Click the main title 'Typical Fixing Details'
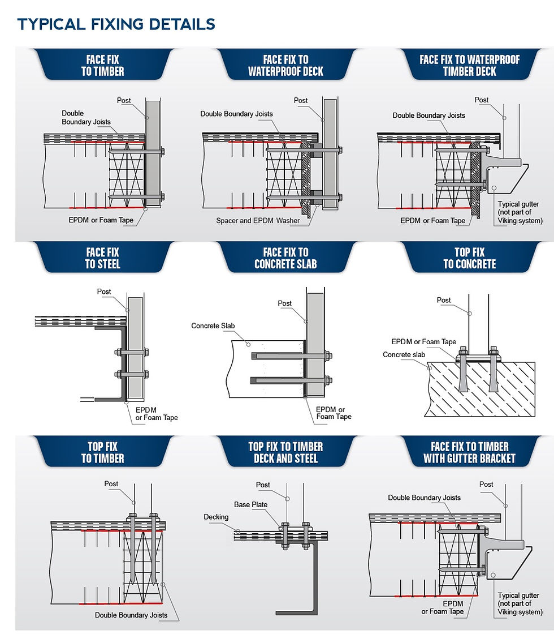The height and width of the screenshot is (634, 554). pos(116,24)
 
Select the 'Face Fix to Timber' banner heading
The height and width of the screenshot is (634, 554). pos(102,66)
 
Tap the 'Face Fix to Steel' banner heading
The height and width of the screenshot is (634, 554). pos(102,258)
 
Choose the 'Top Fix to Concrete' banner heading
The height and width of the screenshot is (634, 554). pos(469,258)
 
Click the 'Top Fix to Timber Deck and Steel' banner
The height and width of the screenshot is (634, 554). pos(285,452)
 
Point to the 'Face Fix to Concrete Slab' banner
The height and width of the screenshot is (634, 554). pos(285,258)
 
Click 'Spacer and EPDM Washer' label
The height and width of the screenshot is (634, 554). pos(258,221)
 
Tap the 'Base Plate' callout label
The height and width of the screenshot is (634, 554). pos(251,504)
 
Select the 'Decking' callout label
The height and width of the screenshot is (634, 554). pos(216,517)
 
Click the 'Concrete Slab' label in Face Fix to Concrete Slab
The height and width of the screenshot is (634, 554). pos(213,326)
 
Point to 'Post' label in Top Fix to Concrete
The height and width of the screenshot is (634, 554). pos(443,301)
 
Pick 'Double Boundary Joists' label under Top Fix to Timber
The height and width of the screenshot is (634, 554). pos(131,615)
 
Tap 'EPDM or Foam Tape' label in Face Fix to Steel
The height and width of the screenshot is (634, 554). pos(157,414)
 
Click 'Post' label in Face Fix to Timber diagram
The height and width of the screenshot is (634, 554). pos(124,101)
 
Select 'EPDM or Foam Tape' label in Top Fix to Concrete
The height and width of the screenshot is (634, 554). pos(423,342)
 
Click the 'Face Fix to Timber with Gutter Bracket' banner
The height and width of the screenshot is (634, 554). pos(469,452)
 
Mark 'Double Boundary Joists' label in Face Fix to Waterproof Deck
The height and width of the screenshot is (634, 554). pos(237,114)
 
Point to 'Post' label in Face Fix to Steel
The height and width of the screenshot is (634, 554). pos(104,292)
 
